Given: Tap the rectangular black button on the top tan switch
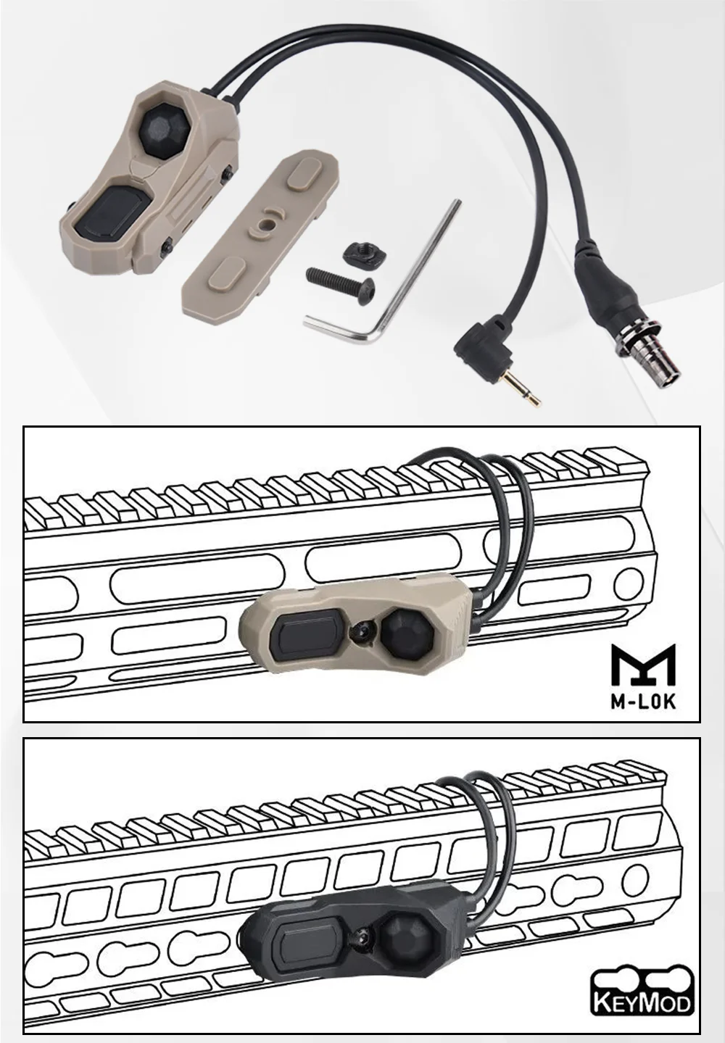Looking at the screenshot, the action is (x=125, y=209).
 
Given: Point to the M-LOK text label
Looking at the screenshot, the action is (x=643, y=702).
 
